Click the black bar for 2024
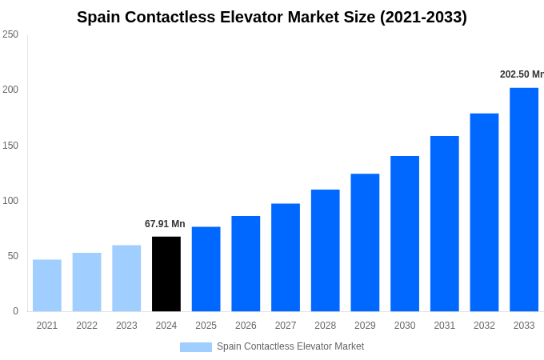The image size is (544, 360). pyautogui.click(x=166, y=274)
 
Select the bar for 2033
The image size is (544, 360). pyautogui.click(x=524, y=199)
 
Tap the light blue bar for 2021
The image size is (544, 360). pyautogui.click(x=47, y=286)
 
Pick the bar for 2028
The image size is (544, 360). pyautogui.click(x=326, y=250)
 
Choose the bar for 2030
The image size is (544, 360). pyautogui.click(x=405, y=234)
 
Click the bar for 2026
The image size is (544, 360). pyautogui.click(x=246, y=263)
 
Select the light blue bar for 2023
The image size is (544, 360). pyautogui.click(x=126, y=278)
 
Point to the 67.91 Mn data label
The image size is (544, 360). pyautogui.click(x=165, y=224)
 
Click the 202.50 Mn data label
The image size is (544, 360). pyautogui.click(x=522, y=74)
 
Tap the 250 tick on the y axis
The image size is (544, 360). pyautogui.click(x=10, y=34)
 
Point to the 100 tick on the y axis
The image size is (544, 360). pyautogui.click(x=10, y=201)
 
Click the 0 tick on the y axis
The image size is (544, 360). pyautogui.click(x=15, y=311)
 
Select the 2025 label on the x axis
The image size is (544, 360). pyautogui.click(x=206, y=326)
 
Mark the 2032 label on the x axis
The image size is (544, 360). pyautogui.click(x=484, y=326)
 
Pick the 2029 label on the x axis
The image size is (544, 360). pyautogui.click(x=365, y=326)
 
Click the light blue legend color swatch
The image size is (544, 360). pyautogui.click(x=196, y=347)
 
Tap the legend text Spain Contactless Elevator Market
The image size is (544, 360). pyautogui.click(x=290, y=346)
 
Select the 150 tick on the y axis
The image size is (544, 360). pyautogui.click(x=10, y=146)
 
